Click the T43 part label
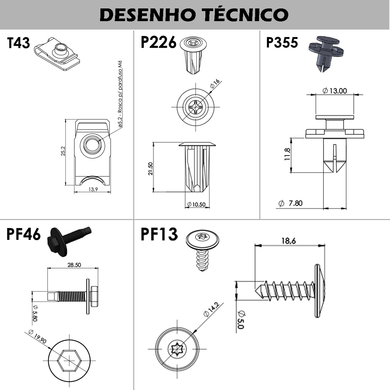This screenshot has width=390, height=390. pyautogui.click(x=19, y=43)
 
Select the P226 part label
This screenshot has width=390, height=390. pyautogui.click(x=158, y=43)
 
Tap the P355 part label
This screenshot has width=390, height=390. pyautogui.click(x=282, y=43)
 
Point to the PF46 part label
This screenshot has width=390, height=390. pyautogui.click(x=23, y=234)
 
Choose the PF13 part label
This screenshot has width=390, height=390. pyautogui.click(x=159, y=234)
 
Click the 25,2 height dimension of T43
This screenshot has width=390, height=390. pyautogui.click(x=63, y=151)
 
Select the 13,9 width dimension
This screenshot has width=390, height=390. pyautogui.click(x=93, y=189)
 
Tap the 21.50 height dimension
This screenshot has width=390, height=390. pyautogui.click(x=150, y=168)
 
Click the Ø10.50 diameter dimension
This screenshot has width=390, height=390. pyautogui.click(x=197, y=204)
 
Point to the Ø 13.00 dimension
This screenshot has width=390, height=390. pyautogui.click(x=335, y=91)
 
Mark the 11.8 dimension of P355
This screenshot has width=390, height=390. pyautogui.click(x=287, y=154)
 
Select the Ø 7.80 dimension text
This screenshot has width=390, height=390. pyautogui.click(x=291, y=203)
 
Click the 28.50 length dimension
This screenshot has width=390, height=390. pyautogui.click(x=74, y=265)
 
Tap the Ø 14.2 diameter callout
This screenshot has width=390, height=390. pyautogui.click(x=211, y=309)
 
